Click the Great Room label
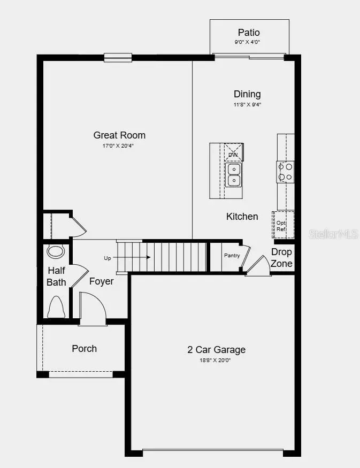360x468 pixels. (119, 135)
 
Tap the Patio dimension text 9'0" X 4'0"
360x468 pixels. (249, 42)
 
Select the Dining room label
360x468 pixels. (247, 94)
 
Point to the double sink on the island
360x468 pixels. (234, 175)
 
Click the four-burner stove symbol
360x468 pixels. (285, 172)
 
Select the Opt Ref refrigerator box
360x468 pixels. (282, 225)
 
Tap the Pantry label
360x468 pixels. (232, 256)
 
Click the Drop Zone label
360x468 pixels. (281, 257)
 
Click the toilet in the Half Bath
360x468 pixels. (56, 307)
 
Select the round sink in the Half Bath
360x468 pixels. (55, 251)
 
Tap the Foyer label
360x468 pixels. (101, 281)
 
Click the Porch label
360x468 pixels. (85, 349)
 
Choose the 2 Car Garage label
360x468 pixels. (216, 350)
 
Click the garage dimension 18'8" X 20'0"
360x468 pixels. (216, 360)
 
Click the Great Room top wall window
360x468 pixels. (118, 57)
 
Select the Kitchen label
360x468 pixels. (242, 217)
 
